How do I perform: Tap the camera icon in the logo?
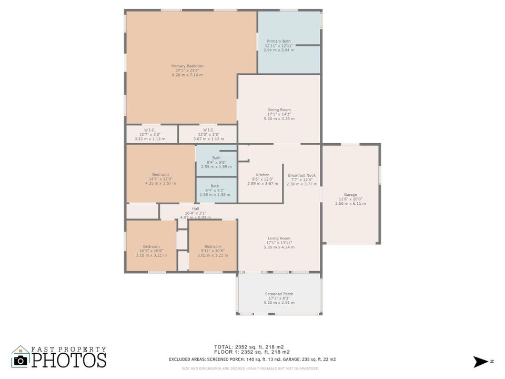21,360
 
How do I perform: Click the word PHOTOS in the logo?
68,360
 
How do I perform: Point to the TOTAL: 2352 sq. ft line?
252,347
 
